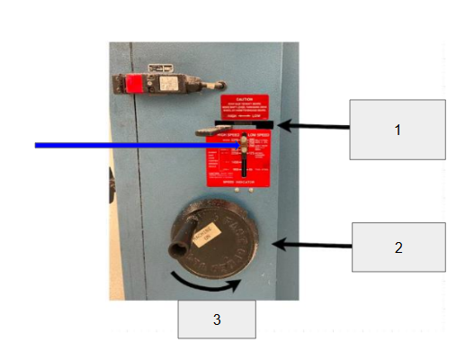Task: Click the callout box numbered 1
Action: pos(397,130)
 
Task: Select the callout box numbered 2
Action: pos(398,247)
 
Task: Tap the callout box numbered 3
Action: pos(217,319)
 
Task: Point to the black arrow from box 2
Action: pos(311,245)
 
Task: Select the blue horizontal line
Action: pos(135,144)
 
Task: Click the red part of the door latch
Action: pos(133,85)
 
